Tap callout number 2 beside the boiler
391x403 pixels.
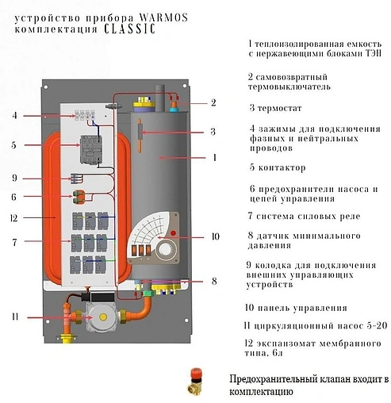click(213, 102)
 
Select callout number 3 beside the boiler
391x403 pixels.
click(213, 132)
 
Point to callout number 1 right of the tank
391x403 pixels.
click(213, 158)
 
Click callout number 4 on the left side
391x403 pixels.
click(14, 116)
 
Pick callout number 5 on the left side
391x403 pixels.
click(14, 145)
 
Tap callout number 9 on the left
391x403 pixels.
click(14, 178)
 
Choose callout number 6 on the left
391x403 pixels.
click(14, 196)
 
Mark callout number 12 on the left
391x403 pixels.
click(14, 217)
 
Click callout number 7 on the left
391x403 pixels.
click(14, 240)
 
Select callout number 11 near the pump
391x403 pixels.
click(14, 317)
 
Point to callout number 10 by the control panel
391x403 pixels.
click(213, 236)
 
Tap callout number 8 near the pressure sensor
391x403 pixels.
click(213, 280)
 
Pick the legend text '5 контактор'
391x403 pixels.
click(277, 168)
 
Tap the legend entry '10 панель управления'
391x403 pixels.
click(297, 308)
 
